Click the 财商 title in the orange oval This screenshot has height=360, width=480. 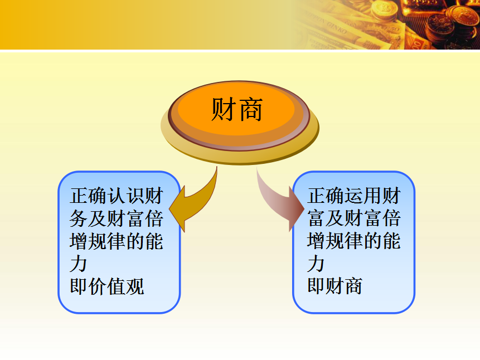click(x=236, y=109)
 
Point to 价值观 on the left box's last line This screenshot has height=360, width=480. click(x=117, y=286)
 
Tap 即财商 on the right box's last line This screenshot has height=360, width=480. click(x=335, y=286)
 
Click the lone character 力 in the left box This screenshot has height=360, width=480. click(x=79, y=264)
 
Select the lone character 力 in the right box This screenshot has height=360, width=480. click(x=316, y=264)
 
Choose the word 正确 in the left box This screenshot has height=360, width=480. click(x=88, y=196)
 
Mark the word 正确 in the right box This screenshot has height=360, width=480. click(x=326, y=196)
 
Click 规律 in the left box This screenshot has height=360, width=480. click(x=107, y=241)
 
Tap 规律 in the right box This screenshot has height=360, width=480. click(x=345, y=241)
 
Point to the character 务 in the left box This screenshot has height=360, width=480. click(x=79, y=218)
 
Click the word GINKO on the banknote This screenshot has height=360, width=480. click(x=336, y=27)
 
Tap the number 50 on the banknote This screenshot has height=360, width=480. click(x=394, y=30)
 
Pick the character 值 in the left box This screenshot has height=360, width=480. click(x=117, y=286)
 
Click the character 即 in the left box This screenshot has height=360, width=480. click(x=79, y=286)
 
